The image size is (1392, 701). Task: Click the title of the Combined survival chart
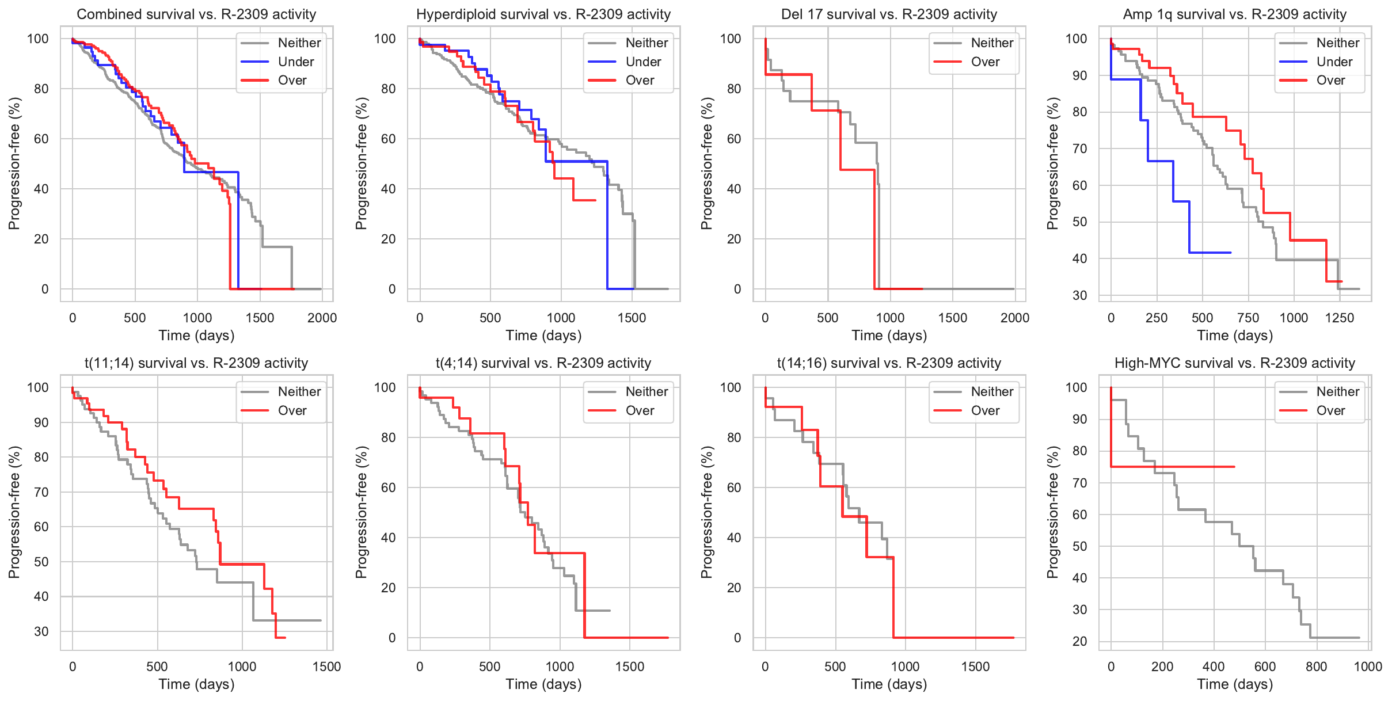196,14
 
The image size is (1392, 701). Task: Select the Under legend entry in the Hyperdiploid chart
643,62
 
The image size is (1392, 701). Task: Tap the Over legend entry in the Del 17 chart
985,62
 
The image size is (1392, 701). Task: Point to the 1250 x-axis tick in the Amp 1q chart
1340,318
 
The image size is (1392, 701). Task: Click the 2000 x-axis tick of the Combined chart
322,318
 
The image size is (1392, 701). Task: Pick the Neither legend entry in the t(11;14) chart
299,392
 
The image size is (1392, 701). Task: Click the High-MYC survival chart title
1234,363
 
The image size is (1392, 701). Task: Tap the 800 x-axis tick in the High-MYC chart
1316,666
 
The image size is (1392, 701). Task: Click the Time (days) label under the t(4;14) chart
543,684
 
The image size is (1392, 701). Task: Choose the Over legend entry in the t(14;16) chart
985,410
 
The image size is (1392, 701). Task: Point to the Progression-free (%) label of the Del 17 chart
707,163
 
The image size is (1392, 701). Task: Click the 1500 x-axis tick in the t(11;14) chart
326,666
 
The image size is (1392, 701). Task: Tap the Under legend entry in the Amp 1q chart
1334,62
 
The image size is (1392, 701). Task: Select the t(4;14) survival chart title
543,363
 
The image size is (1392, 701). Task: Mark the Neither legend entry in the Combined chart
299,43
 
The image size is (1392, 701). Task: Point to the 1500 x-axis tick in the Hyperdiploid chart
632,318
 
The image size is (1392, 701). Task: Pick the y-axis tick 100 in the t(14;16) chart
730,387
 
